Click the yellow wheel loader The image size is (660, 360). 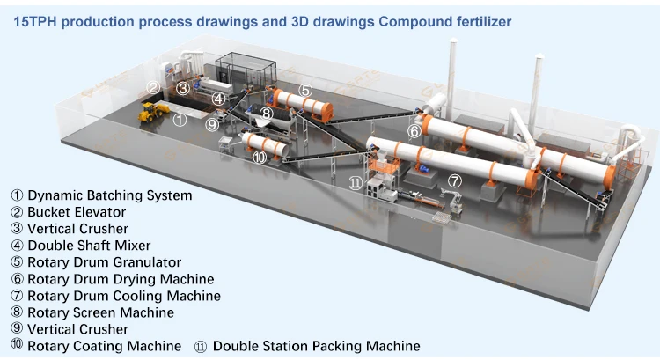pyautogui.click(x=154, y=111)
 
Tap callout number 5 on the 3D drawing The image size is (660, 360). pyautogui.click(x=304, y=90)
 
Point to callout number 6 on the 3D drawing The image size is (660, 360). pyautogui.click(x=414, y=131)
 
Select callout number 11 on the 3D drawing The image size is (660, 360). pyautogui.click(x=356, y=183)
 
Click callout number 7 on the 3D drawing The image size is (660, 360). pyautogui.click(x=454, y=180)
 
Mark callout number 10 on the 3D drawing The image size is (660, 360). pyautogui.click(x=259, y=158)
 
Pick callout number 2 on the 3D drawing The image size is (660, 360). pyautogui.click(x=153, y=87)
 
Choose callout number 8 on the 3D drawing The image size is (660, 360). pyautogui.click(x=266, y=113)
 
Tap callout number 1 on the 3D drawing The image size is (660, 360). pyautogui.click(x=179, y=119)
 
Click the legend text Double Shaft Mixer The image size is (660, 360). pyautogui.click(x=89, y=246)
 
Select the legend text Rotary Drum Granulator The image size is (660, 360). pyautogui.click(x=104, y=262)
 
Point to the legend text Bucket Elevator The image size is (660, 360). pyautogui.click(x=77, y=212)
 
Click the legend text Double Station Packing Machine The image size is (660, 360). pyautogui.click(x=316, y=346)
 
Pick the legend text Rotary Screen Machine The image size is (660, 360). pyautogui.click(x=100, y=312)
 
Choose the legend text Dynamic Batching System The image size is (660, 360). pyautogui.click(x=109, y=195)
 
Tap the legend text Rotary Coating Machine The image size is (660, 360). pyautogui.click(x=104, y=346)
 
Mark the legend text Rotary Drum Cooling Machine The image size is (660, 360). pyautogui.click(x=124, y=296)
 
